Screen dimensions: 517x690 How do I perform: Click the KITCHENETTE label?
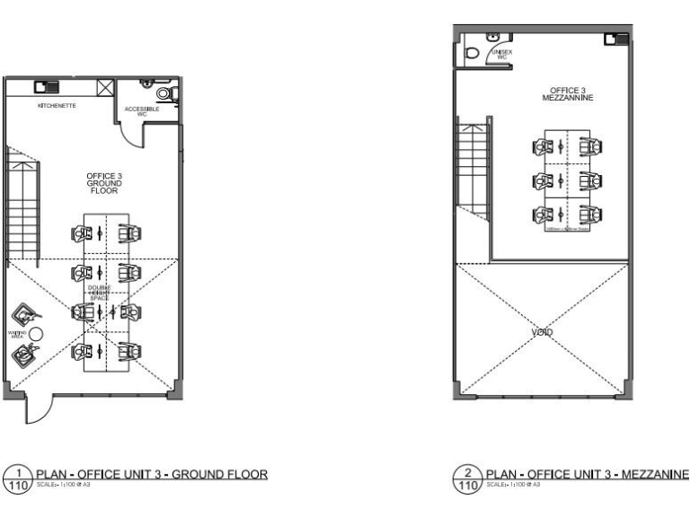(x=57, y=106)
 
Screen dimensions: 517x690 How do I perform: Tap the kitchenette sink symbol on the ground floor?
(x=42, y=87)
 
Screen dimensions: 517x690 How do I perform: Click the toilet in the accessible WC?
(x=164, y=93)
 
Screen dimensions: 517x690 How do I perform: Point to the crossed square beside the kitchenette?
(x=105, y=88)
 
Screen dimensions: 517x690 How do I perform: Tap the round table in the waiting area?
(x=37, y=333)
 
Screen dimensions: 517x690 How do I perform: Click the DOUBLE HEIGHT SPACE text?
(x=99, y=293)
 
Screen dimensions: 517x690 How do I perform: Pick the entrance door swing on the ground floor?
(x=36, y=409)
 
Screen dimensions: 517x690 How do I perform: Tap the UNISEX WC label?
(x=501, y=55)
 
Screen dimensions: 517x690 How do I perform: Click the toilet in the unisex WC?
(x=473, y=53)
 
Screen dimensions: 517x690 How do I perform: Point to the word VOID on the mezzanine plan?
(x=541, y=332)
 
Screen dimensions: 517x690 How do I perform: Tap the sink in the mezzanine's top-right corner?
(x=613, y=38)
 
